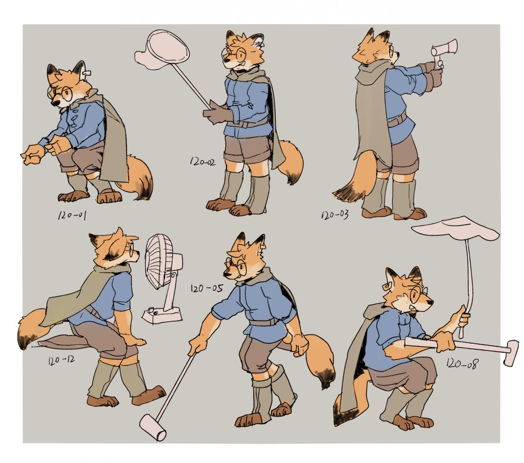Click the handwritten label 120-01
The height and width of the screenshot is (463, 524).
[x=72, y=215]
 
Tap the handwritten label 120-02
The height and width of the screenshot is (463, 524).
[x=203, y=162]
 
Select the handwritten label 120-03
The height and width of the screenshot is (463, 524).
[x=335, y=215]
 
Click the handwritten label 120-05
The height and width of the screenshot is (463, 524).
[x=206, y=288]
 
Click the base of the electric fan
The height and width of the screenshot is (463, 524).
[x=162, y=315]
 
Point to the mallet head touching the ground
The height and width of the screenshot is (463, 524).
[x=153, y=427]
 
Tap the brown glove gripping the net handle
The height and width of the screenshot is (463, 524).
[x=217, y=113]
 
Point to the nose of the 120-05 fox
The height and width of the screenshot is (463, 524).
[x=225, y=275]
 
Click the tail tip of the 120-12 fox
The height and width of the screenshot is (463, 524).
[x=24, y=340]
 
